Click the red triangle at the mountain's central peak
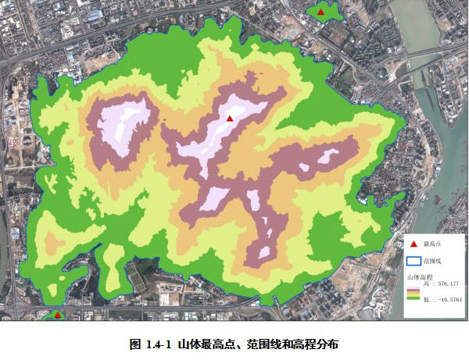230,118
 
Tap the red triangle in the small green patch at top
320,12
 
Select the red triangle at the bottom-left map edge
57,315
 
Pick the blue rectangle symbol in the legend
413,261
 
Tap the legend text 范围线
433,261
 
